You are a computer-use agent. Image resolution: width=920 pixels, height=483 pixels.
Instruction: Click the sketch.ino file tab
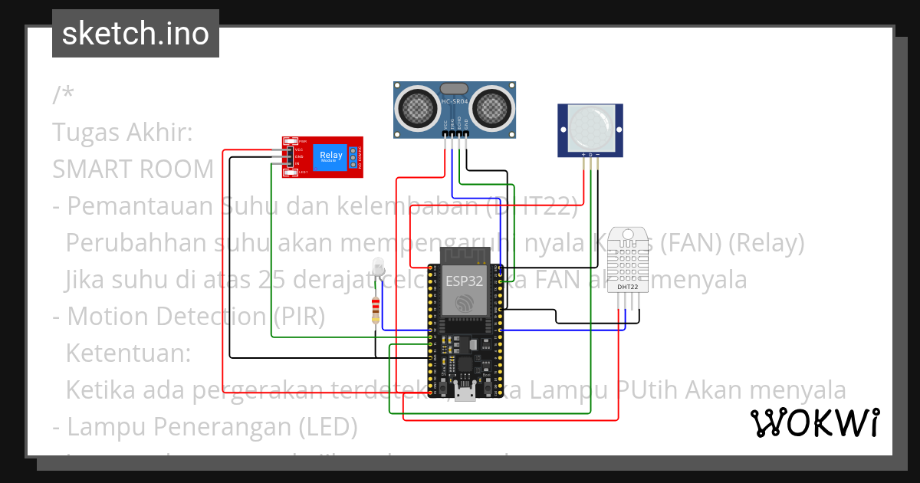[x=135, y=34]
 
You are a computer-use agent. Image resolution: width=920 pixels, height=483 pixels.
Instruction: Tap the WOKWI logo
[x=814, y=422]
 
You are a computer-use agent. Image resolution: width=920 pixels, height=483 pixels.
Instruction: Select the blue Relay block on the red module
[x=331, y=157]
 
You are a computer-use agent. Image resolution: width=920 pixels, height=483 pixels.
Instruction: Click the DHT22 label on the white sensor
[x=626, y=288]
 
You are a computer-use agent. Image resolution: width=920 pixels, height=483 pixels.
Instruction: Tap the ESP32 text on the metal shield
[x=465, y=281]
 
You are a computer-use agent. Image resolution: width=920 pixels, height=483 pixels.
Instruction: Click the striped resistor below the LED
[x=375, y=310]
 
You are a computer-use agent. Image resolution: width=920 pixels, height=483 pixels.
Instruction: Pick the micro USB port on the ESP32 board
[x=464, y=395]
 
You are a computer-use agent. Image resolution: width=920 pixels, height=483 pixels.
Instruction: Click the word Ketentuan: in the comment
[x=127, y=353]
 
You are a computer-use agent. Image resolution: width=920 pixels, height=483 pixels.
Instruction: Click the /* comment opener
[x=64, y=96]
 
